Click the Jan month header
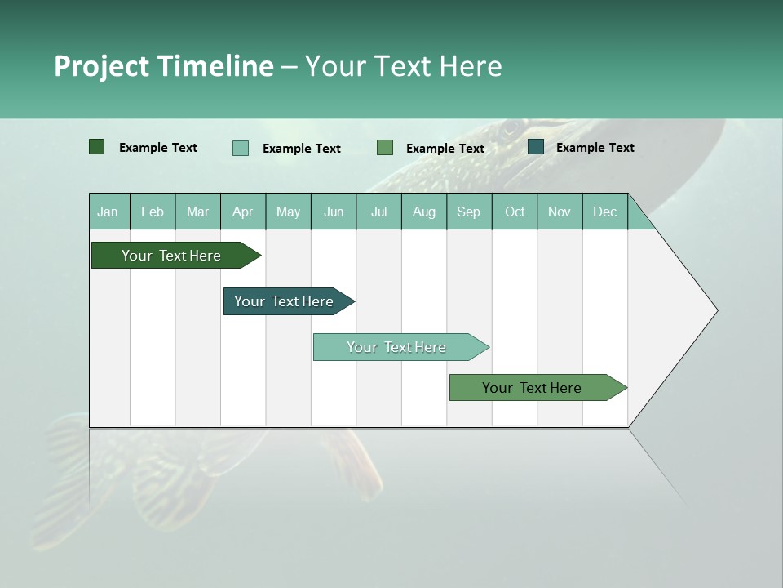[108, 212]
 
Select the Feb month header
[153, 212]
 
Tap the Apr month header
[243, 212]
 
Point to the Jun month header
[334, 212]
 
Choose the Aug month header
[424, 212]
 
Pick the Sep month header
[469, 212]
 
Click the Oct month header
[515, 212]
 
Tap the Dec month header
[605, 212]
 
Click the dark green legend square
[96, 147]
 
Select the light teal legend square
[240, 148]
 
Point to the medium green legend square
[385, 147]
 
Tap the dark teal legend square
[536, 147]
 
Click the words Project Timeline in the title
[163, 66]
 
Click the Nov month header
[560, 212]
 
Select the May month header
[288, 212]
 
